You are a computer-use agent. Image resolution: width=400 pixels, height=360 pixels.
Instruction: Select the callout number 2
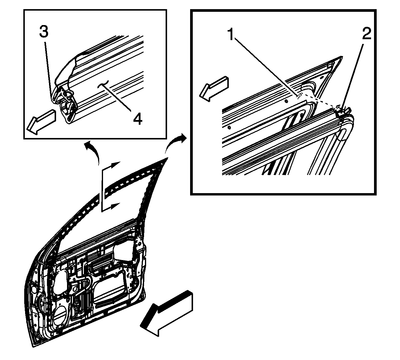tap(367, 33)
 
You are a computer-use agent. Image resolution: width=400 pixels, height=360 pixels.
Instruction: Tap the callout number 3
tap(44, 32)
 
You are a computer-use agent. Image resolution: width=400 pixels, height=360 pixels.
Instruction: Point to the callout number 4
tap(138, 119)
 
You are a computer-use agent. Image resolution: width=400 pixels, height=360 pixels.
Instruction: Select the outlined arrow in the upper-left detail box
tap(41, 122)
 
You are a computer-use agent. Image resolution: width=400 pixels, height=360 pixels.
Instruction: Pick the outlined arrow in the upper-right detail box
tap(214, 89)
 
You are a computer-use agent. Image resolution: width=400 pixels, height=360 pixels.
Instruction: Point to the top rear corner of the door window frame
tap(167, 158)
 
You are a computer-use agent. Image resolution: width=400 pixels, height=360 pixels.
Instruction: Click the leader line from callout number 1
tap(267, 68)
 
